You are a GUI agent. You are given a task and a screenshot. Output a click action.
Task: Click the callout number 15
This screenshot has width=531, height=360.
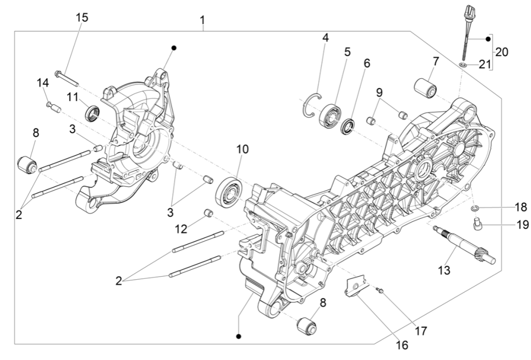pyautogui.click(x=82, y=17)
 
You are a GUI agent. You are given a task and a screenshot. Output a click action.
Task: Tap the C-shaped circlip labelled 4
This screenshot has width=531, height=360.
pyautogui.click(x=311, y=102)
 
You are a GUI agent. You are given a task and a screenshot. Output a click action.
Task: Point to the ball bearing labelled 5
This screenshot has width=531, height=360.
pyautogui.click(x=330, y=115)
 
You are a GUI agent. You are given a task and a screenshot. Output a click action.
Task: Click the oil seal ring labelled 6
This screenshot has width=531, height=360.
pyautogui.click(x=348, y=127)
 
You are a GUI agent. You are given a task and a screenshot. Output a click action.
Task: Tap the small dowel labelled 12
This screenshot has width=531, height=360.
pyautogui.click(x=209, y=213)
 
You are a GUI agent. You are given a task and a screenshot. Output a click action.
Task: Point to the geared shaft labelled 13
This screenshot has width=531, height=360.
pyautogui.click(x=463, y=245)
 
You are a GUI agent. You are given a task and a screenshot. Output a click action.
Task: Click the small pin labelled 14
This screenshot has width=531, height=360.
pyautogui.click(x=53, y=107)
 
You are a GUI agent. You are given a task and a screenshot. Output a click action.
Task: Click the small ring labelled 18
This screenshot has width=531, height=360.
pyautogui.click(x=474, y=208)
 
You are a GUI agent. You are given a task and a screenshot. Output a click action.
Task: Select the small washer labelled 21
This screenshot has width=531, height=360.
pyautogui.click(x=462, y=65)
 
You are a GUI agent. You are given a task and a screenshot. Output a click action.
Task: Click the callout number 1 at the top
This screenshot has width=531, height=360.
pyautogui.click(x=203, y=21)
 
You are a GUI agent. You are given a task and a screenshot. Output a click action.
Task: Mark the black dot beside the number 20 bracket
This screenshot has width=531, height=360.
pyautogui.click(x=488, y=39)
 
